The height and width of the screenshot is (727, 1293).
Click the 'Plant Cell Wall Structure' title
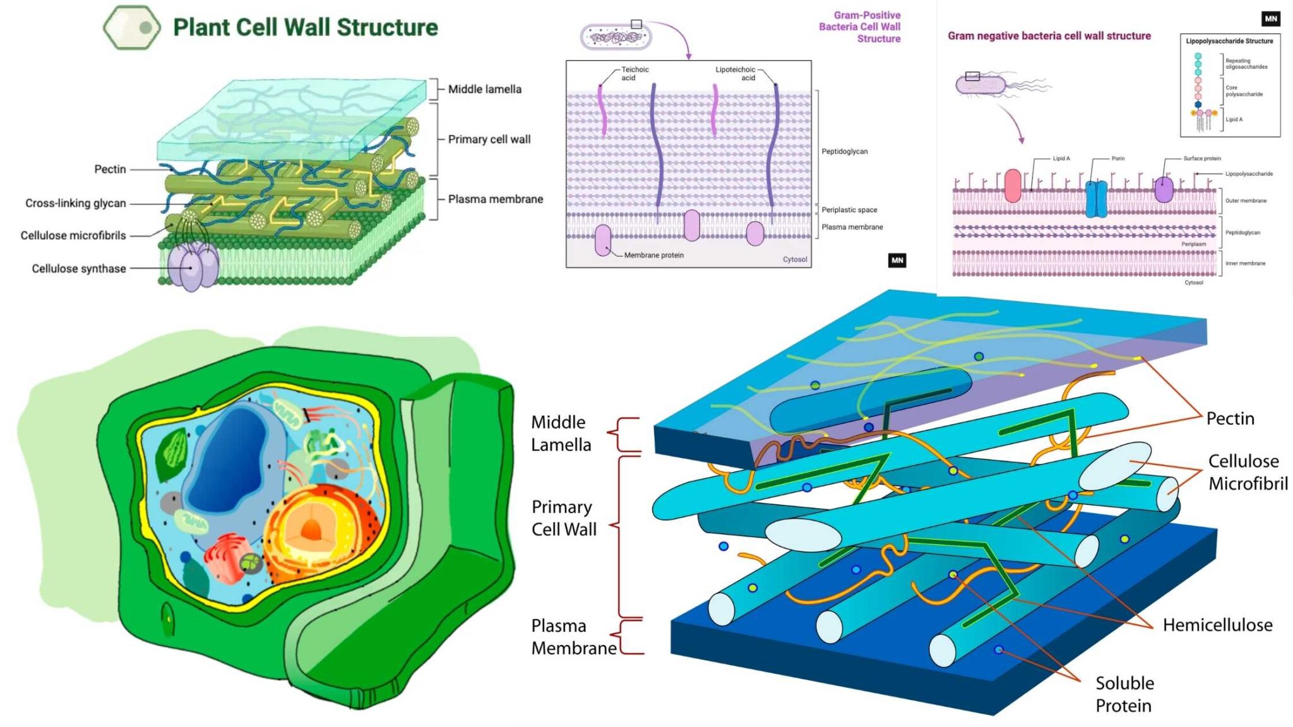305,28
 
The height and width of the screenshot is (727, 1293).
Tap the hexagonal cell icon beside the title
131,27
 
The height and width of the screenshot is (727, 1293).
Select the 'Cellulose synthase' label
79,269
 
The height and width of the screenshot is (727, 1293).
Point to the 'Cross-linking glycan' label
76,203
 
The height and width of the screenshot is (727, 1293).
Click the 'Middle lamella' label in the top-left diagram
485,90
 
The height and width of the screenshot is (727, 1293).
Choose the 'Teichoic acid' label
634,74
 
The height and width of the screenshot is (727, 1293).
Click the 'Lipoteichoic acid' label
736,74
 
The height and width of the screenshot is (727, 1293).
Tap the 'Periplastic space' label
849,210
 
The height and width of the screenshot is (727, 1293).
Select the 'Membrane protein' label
653,256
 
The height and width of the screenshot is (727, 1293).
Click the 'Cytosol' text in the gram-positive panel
795,259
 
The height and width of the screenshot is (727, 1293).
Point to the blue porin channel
1096,199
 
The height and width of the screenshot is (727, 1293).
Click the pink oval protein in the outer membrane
1013,186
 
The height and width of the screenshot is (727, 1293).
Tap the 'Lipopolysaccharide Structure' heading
1229,42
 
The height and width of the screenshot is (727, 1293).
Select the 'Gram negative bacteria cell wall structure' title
1049,36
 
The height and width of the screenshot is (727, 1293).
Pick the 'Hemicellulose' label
1217,625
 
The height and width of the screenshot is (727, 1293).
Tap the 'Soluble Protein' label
1124,694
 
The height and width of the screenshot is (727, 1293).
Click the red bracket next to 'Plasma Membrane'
628,636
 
